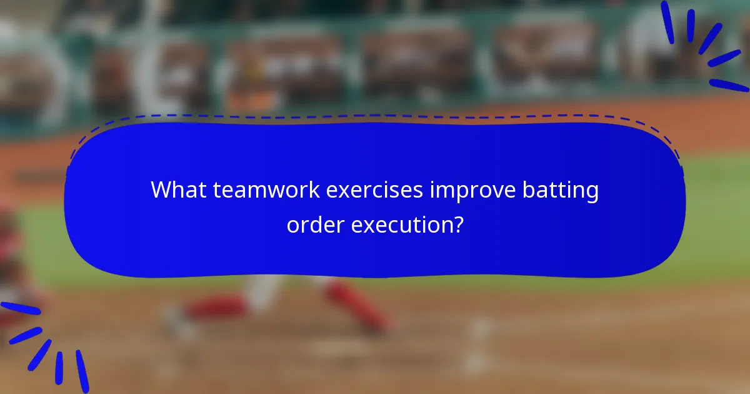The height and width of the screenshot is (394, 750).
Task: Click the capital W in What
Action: [162, 189]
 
